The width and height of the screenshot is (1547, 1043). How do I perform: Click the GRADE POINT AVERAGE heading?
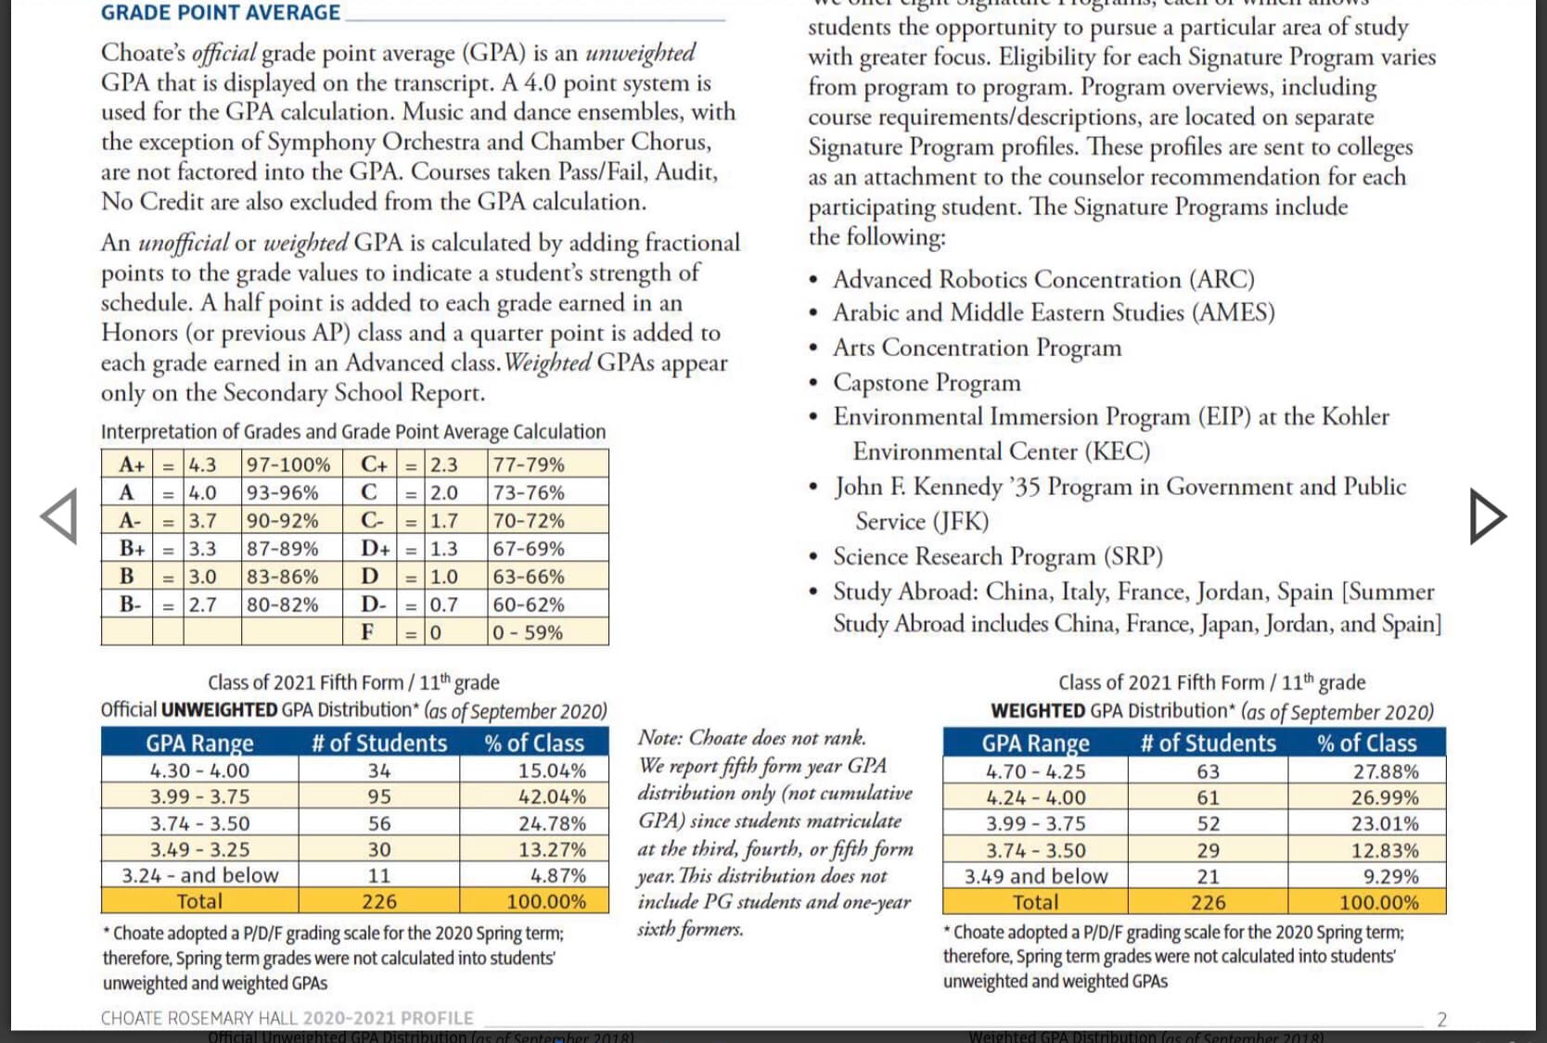pos(221,12)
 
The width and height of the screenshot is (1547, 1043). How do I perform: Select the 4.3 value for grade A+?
pos(202,464)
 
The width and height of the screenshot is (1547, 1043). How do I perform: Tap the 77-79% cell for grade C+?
pos(529,464)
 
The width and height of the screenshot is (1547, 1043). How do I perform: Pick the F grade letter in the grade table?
pos(367,631)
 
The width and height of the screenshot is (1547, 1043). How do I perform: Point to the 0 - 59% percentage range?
pos(528,632)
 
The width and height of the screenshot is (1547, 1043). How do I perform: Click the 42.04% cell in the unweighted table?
pos(553,796)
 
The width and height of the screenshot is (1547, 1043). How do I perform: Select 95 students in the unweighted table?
pos(379,796)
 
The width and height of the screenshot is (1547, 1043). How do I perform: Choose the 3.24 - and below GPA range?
pos(200,875)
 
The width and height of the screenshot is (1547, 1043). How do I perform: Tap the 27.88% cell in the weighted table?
pos(1386,771)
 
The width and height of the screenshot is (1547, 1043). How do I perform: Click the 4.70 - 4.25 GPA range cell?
pos(1035,771)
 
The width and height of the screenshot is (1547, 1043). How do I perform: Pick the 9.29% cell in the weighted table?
pos(1391,876)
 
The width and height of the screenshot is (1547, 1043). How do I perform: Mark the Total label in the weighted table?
pos(1035,902)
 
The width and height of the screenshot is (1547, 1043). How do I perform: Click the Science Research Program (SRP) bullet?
pos(998,556)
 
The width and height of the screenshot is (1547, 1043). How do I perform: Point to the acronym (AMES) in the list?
pos(1234,312)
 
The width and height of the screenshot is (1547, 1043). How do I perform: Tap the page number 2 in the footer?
pos(1442,1019)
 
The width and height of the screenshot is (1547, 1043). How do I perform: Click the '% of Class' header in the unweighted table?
pos(534,743)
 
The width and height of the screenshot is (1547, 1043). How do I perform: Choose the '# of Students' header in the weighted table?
pos(1208,743)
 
